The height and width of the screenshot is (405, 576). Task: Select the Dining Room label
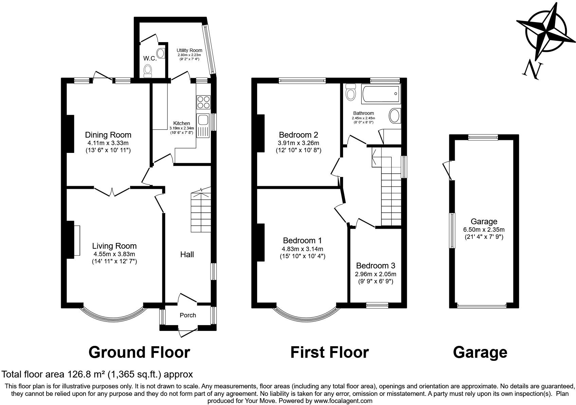(108, 135)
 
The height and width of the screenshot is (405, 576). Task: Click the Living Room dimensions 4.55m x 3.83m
(114, 254)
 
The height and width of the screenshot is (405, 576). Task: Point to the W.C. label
(150, 58)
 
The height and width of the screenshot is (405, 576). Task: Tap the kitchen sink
(203, 120)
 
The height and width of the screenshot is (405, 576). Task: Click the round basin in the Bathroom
(394, 116)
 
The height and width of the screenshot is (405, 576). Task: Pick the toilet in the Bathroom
(350, 92)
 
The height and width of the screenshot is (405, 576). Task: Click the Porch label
(188, 315)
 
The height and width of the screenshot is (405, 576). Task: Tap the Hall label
(187, 254)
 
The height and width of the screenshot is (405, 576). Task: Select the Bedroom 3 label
(376, 266)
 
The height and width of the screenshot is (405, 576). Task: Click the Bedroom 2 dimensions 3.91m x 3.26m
(299, 143)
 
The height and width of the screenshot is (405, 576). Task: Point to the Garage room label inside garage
(484, 222)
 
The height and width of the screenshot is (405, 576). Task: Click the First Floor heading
(329, 352)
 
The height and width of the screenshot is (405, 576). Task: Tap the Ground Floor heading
(139, 352)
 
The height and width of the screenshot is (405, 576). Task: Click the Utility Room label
(189, 50)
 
